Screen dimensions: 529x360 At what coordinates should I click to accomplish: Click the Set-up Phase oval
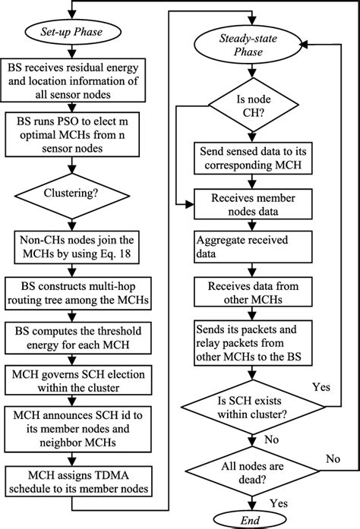click(72, 34)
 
